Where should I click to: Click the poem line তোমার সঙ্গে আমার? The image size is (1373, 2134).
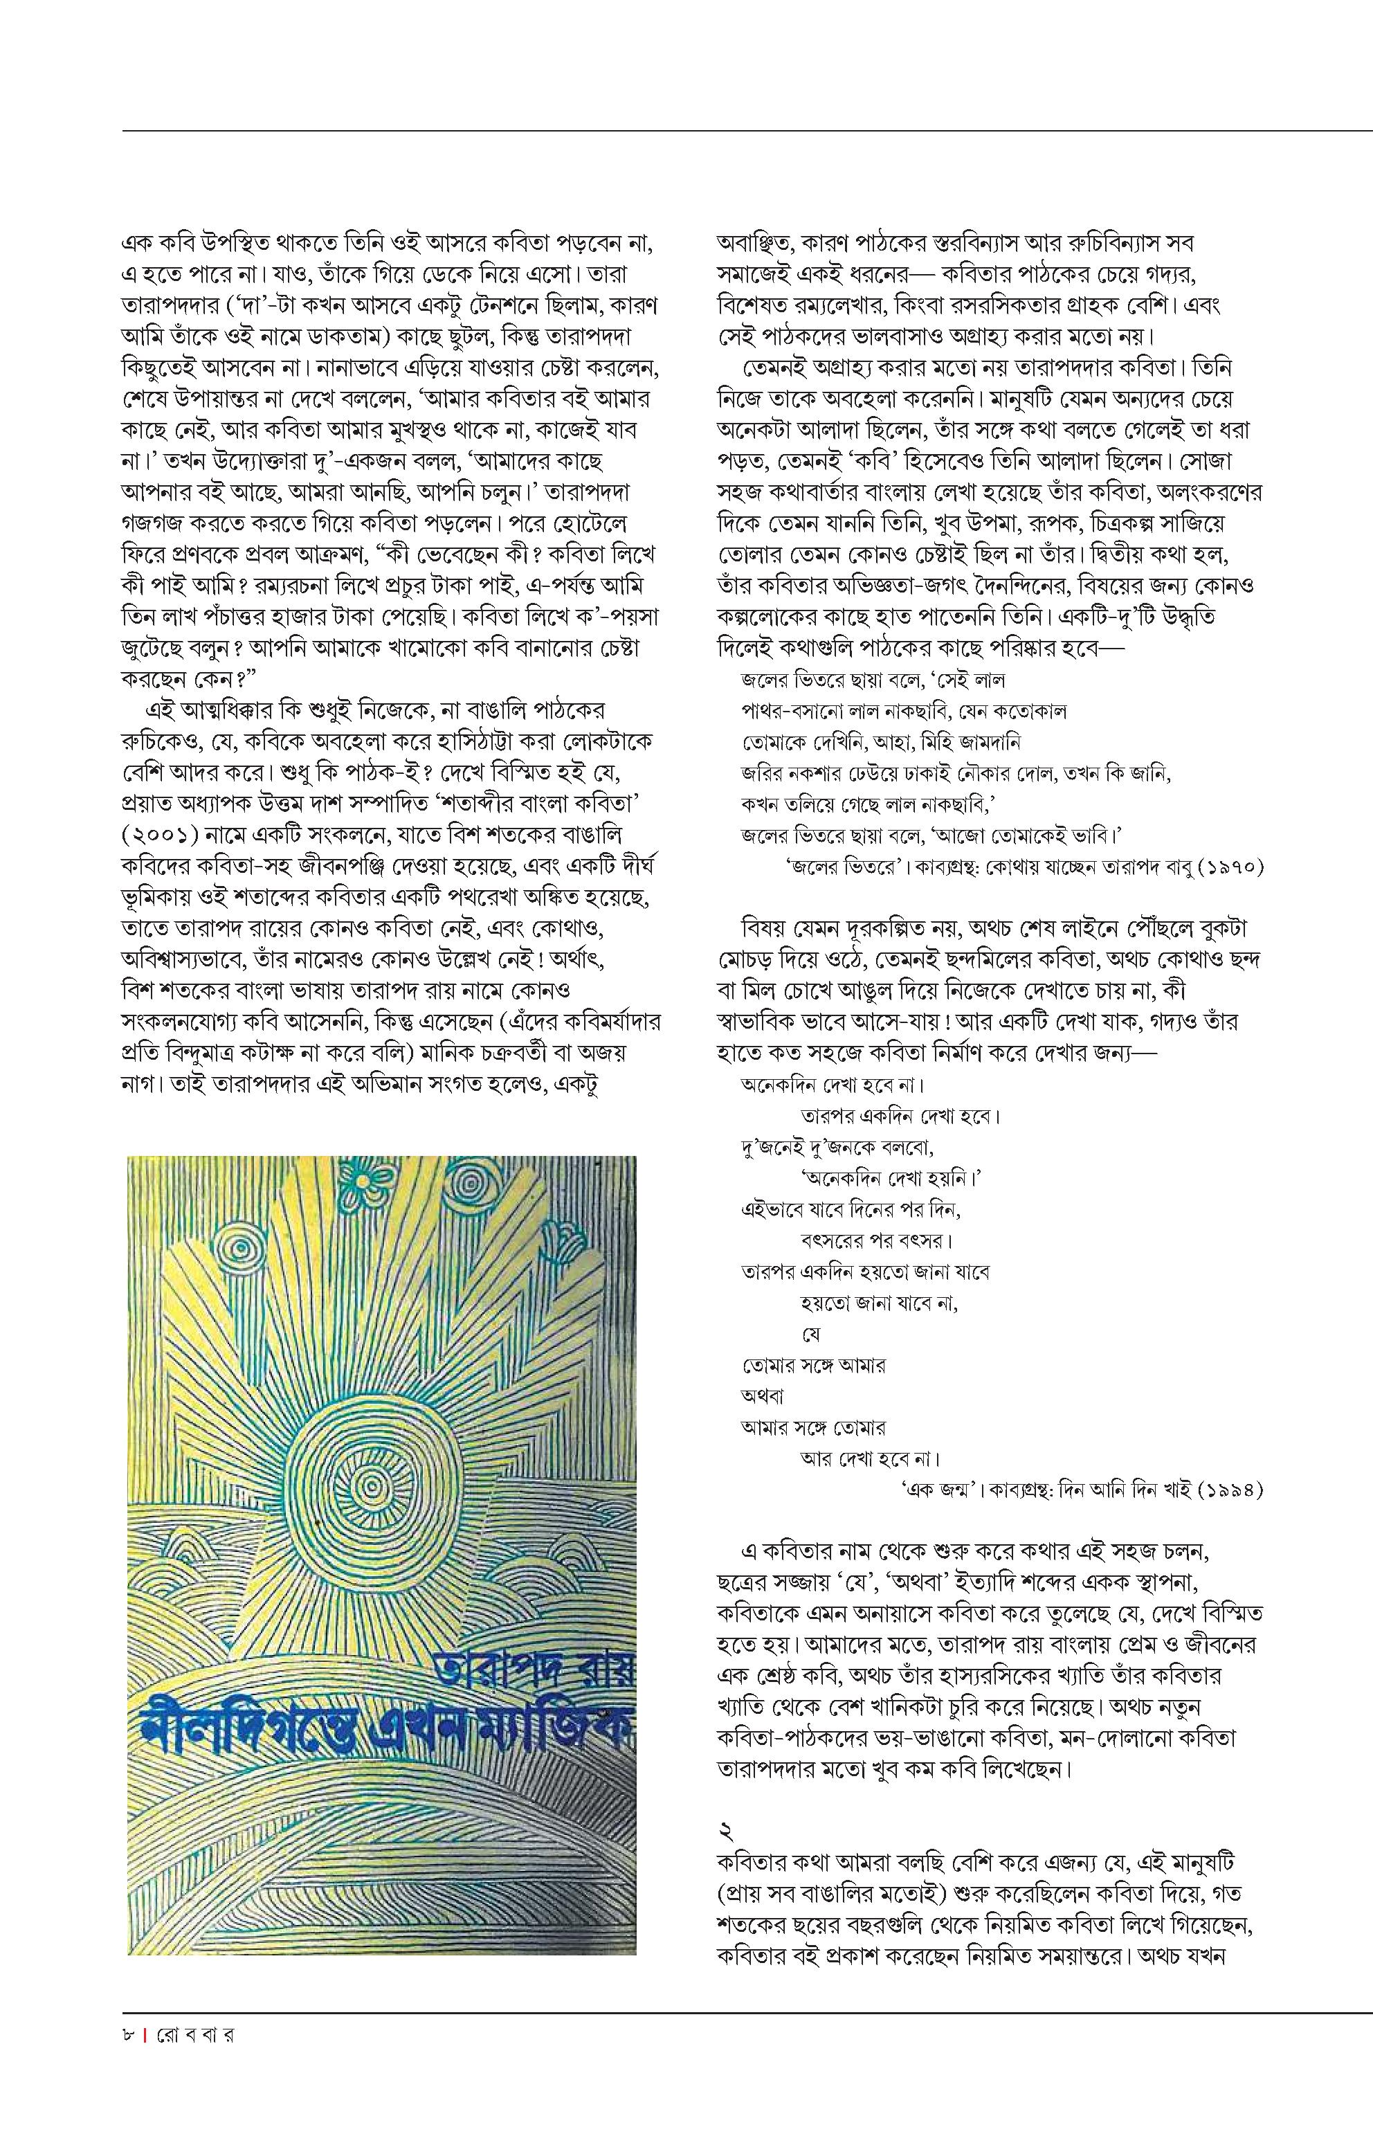(x=813, y=1364)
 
